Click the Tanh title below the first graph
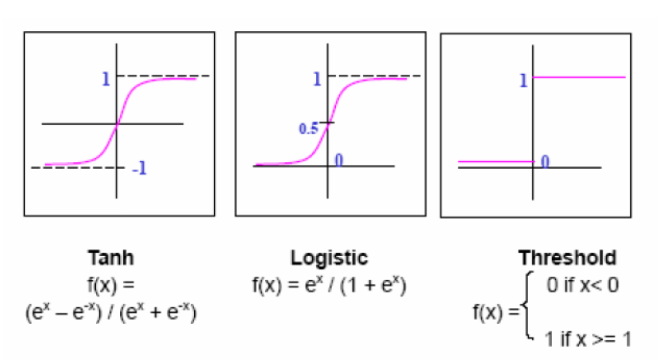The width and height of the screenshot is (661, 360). pos(111,258)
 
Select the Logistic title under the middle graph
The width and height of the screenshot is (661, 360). pos(329,258)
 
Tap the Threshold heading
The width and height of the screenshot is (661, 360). pos(567,258)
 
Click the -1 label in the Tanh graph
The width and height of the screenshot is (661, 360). pos(140,169)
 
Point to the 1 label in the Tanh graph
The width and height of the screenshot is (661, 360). pos(106,79)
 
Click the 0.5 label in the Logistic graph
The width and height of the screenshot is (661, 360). pos(309,129)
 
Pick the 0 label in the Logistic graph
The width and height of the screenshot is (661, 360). pos(339,160)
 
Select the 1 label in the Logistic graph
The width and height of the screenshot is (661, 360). pos(317,79)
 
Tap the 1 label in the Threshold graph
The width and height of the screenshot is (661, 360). pos(523,80)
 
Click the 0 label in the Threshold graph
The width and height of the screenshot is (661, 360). pos(545,161)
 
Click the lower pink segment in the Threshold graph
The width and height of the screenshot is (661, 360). pos(495,161)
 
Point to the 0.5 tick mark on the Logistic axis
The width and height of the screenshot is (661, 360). pos(327,123)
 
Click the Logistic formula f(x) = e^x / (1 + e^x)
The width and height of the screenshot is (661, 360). pos(329,285)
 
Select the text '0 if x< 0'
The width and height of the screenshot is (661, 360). pos(583,285)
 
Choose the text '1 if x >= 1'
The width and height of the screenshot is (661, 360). pos(587,339)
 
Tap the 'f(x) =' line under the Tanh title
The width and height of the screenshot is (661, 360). pos(111,285)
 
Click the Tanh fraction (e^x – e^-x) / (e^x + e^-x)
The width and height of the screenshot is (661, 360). pos(111,313)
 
